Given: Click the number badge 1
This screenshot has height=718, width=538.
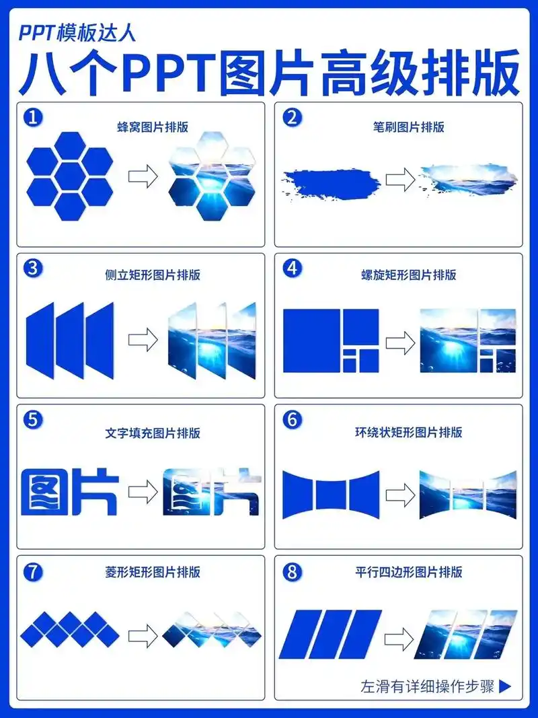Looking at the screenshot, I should [33, 117].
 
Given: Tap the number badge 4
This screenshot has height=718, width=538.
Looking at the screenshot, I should [291, 268].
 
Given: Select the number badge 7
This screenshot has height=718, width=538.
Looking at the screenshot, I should [33, 572].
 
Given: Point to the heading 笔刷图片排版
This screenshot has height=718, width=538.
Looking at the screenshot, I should [409, 127].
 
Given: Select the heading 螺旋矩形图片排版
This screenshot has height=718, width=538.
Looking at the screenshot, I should [409, 275].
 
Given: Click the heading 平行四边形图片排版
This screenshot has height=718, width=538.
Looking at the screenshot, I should [409, 573].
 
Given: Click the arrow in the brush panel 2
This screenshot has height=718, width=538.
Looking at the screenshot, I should [399, 179].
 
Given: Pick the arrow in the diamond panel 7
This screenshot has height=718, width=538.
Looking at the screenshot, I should [142, 635].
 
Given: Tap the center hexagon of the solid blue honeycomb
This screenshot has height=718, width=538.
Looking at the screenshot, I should [71, 176].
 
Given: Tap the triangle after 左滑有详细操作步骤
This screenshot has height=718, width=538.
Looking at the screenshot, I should [506, 686].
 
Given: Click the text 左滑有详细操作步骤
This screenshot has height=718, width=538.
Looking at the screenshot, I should [428, 686].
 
